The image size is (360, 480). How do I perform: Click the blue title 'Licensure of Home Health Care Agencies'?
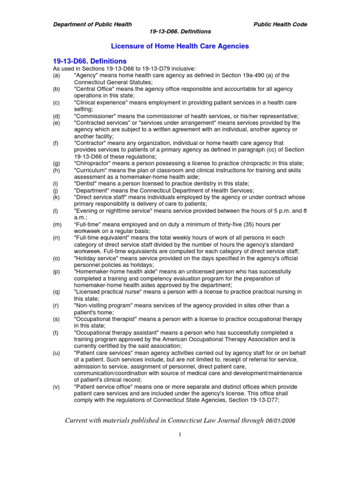180,46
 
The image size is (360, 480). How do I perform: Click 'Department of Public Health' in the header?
92,24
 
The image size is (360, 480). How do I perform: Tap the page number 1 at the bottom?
180,435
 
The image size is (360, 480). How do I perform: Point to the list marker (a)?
56,75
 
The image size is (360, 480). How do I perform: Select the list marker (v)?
56,387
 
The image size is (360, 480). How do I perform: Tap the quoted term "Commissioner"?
96,116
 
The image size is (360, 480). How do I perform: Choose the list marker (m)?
57,224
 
